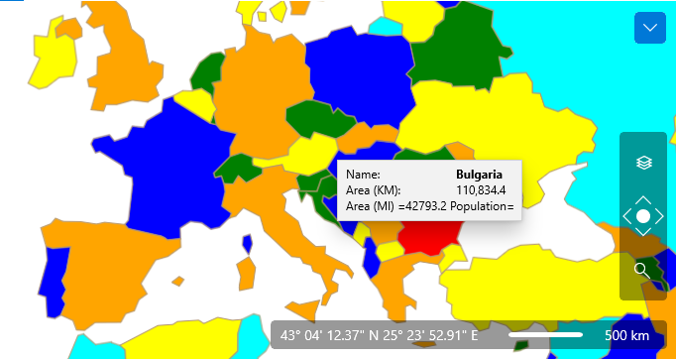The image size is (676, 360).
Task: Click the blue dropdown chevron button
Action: (x=650, y=28)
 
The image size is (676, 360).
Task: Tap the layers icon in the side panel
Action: (x=642, y=163)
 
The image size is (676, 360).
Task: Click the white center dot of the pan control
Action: (x=642, y=216)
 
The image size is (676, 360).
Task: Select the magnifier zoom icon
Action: (x=642, y=269)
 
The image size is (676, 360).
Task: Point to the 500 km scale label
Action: (x=626, y=335)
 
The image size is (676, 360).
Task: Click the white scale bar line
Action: (x=545, y=335)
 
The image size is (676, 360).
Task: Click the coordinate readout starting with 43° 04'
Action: (x=386, y=335)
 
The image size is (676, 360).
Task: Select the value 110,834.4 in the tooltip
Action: (x=481, y=189)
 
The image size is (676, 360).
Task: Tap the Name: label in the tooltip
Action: (x=362, y=173)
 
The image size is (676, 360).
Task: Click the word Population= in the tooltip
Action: (x=482, y=206)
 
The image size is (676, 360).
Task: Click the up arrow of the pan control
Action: (x=642, y=200)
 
